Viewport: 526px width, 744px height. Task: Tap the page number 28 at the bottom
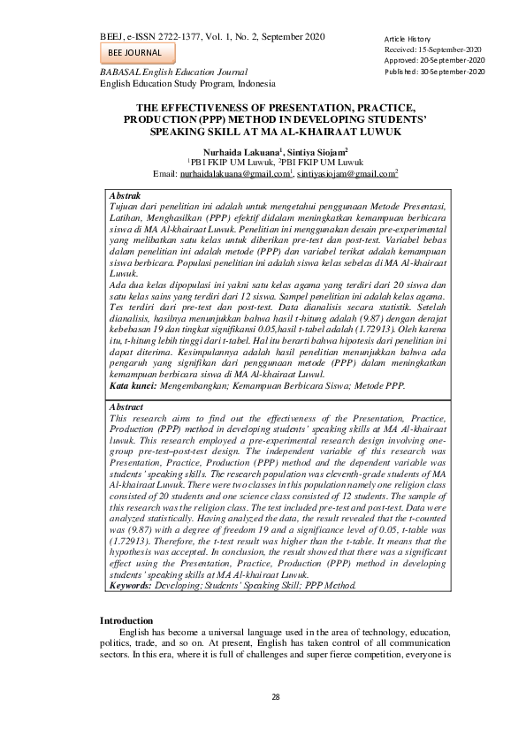(276, 698)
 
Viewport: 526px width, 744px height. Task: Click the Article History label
(407, 40)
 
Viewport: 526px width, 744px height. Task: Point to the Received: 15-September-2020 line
(433, 50)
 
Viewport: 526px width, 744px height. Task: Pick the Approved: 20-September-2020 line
(434, 61)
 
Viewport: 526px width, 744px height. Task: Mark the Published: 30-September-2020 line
(435, 72)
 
